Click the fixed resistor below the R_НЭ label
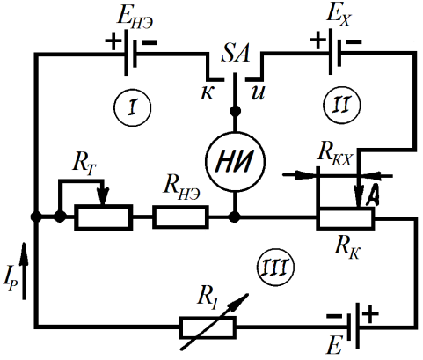pyautogui.click(x=180, y=217)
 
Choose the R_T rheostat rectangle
pyautogui.click(x=103, y=217)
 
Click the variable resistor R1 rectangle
pyautogui.click(x=208, y=327)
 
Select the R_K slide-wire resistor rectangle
pyautogui.click(x=346, y=218)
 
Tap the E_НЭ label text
pyautogui.click(x=135, y=17)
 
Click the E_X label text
pyautogui.click(x=339, y=15)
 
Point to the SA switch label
pyautogui.click(x=236, y=53)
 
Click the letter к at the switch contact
pyautogui.click(x=208, y=93)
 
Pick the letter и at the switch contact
pyautogui.click(x=258, y=92)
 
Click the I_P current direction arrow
pyautogui.click(x=24, y=271)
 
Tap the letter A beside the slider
pyautogui.click(x=371, y=196)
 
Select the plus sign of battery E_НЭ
pyautogui.click(x=113, y=42)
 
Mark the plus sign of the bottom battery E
pyautogui.click(x=370, y=314)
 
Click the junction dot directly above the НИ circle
pyautogui.click(x=235, y=111)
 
